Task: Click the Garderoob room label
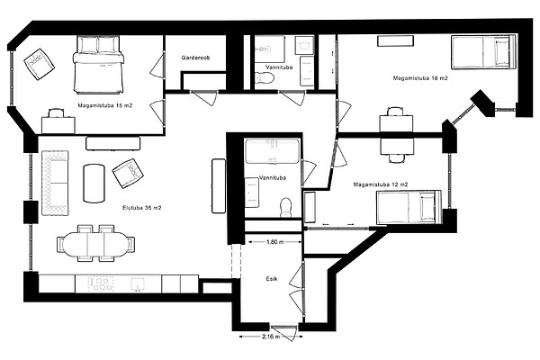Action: (x=195, y=58)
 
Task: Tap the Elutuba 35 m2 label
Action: (x=142, y=208)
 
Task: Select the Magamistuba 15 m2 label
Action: (x=105, y=105)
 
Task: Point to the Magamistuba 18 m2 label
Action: (x=420, y=78)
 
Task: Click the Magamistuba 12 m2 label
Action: (x=381, y=184)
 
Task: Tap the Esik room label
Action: (x=272, y=279)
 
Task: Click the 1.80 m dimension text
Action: (x=275, y=242)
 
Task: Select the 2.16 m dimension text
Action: (x=271, y=337)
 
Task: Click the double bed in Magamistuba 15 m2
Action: (x=98, y=65)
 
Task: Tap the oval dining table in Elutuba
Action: (x=95, y=243)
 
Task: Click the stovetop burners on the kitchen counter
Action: (x=101, y=284)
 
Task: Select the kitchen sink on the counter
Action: (x=138, y=284)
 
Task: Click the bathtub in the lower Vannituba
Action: (x=272, y=151)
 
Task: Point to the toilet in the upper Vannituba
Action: (x=264, y=78)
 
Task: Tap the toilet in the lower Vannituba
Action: (x=286, y=207)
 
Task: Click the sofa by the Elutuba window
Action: (x=55, y=183)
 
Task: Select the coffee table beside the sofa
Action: (x=94, y=184)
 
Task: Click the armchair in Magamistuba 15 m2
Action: (x=39, y=64)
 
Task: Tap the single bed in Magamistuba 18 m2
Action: (x=483, y=52)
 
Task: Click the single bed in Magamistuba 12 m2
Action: (x=409, y=207)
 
